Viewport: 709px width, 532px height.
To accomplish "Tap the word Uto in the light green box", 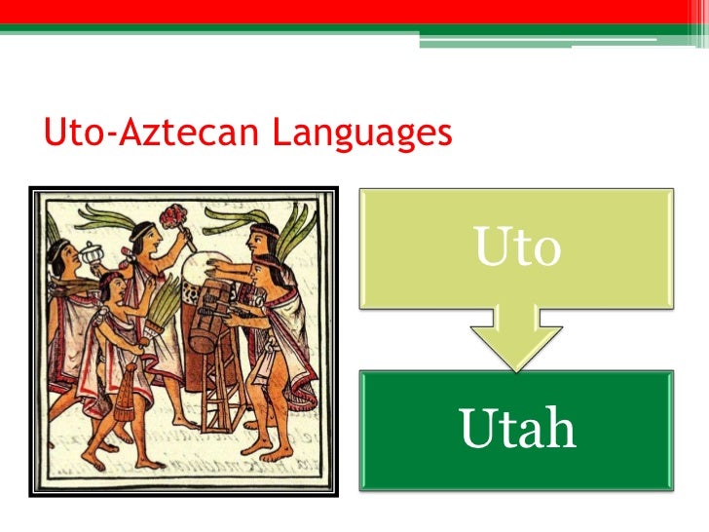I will tap(517, 247).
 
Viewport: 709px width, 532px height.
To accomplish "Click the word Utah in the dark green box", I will tap(517, 430).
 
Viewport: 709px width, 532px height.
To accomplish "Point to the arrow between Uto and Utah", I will tap(517, 337).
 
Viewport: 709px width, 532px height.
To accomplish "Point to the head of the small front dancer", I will tap(112, 285).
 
